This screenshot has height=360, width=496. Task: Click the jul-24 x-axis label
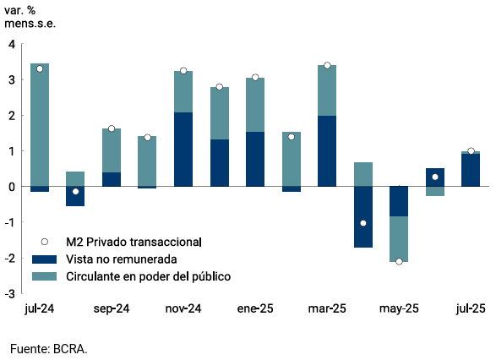point(40,309)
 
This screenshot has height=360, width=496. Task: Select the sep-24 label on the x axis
point(112,309)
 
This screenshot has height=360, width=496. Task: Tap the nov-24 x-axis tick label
point(183,309)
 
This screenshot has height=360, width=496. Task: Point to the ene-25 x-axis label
point(255,309)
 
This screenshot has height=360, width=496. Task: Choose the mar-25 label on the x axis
point(327,309)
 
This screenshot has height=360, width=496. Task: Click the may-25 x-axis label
point(399,309)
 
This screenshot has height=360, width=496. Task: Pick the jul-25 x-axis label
point(471,309)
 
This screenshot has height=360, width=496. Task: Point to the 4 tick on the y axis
point(11,45)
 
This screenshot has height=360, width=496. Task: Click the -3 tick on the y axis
point(9,293)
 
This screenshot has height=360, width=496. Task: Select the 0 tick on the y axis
point(11,187)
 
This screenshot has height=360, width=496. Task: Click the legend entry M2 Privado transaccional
point(130,242)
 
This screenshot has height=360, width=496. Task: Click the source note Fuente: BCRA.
point(49,348)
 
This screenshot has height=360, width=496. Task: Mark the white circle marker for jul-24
point(40,68)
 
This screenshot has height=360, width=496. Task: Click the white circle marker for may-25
point(399,261)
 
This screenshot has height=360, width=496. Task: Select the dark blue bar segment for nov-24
point(183,150)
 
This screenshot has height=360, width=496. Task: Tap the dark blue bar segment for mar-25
point(327,151)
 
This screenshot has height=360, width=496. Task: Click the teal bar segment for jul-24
point(40,125)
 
